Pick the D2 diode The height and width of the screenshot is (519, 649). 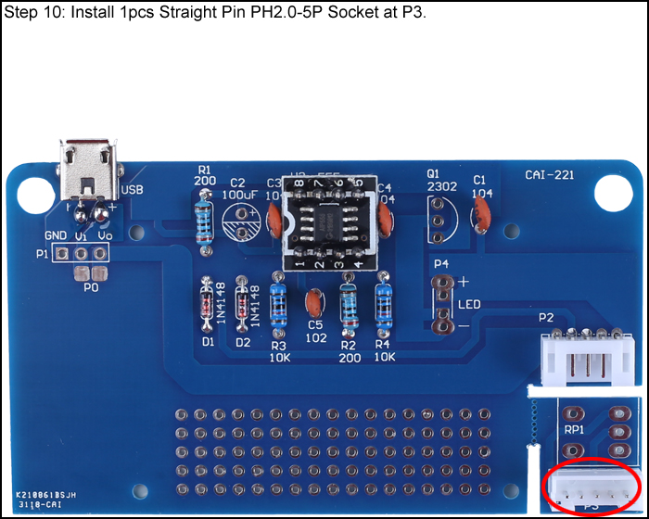tap(243, 307)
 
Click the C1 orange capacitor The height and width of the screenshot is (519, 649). tap(481, 215)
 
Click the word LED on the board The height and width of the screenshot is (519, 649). tap(469, 304)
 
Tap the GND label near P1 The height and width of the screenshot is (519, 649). tap(56, 236)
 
